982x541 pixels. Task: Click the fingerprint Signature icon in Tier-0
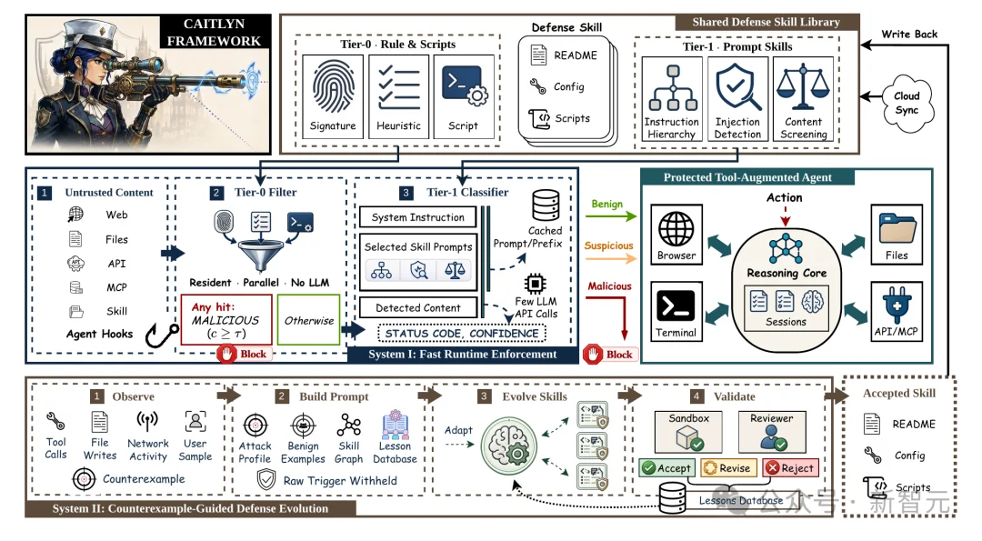333,86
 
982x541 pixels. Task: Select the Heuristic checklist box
398,96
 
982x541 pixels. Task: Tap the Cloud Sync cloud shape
907,104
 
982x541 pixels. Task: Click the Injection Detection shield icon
737,87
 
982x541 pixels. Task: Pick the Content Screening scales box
803,99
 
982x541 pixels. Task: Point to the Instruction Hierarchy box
672,99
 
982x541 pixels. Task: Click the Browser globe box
676,235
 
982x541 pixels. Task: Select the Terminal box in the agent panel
676,311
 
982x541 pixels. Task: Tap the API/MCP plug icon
897,305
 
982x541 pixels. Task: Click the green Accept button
666,467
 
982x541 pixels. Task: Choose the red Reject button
790,467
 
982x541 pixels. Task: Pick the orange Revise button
727,467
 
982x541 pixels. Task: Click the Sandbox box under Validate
688,431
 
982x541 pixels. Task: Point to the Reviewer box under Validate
772,431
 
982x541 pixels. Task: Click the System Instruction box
417,217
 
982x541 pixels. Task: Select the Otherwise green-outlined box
309,320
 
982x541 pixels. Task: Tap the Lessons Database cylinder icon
672,497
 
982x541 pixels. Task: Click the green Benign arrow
611,216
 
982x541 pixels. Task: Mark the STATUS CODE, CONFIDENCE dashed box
462,333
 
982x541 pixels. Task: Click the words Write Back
909,34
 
